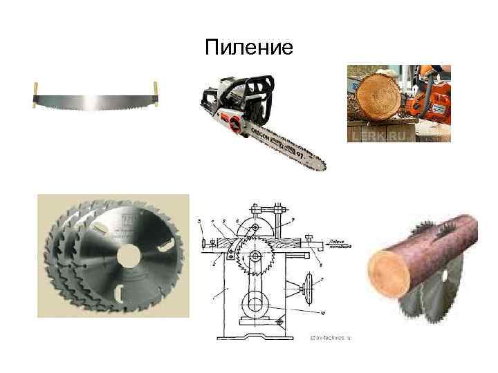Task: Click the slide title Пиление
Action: point(249,47)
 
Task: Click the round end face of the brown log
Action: point(391,274)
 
